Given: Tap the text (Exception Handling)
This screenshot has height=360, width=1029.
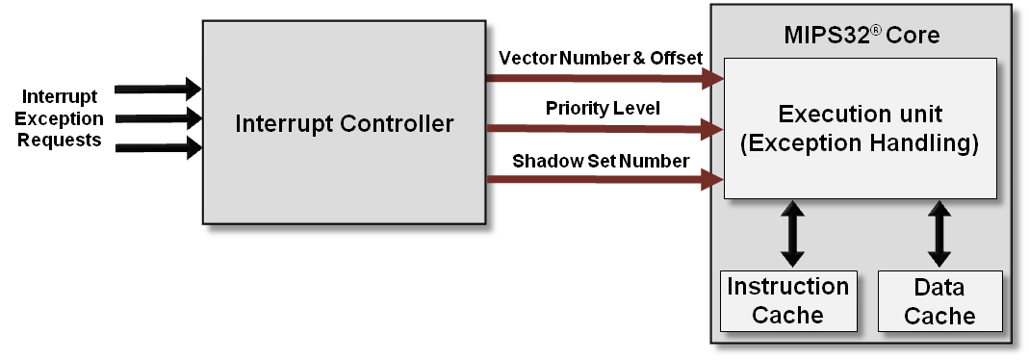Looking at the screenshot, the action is [860, 144].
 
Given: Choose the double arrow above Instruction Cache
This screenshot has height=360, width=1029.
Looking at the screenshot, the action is [792, 233].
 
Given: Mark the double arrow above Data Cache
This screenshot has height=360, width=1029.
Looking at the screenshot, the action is [939, 233].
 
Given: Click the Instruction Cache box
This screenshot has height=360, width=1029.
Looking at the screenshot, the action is [787, 300].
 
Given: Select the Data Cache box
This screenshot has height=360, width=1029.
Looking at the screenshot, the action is [940, 300].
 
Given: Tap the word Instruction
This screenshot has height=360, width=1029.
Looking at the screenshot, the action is [787, 287].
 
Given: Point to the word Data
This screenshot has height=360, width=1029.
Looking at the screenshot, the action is [939, 287].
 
